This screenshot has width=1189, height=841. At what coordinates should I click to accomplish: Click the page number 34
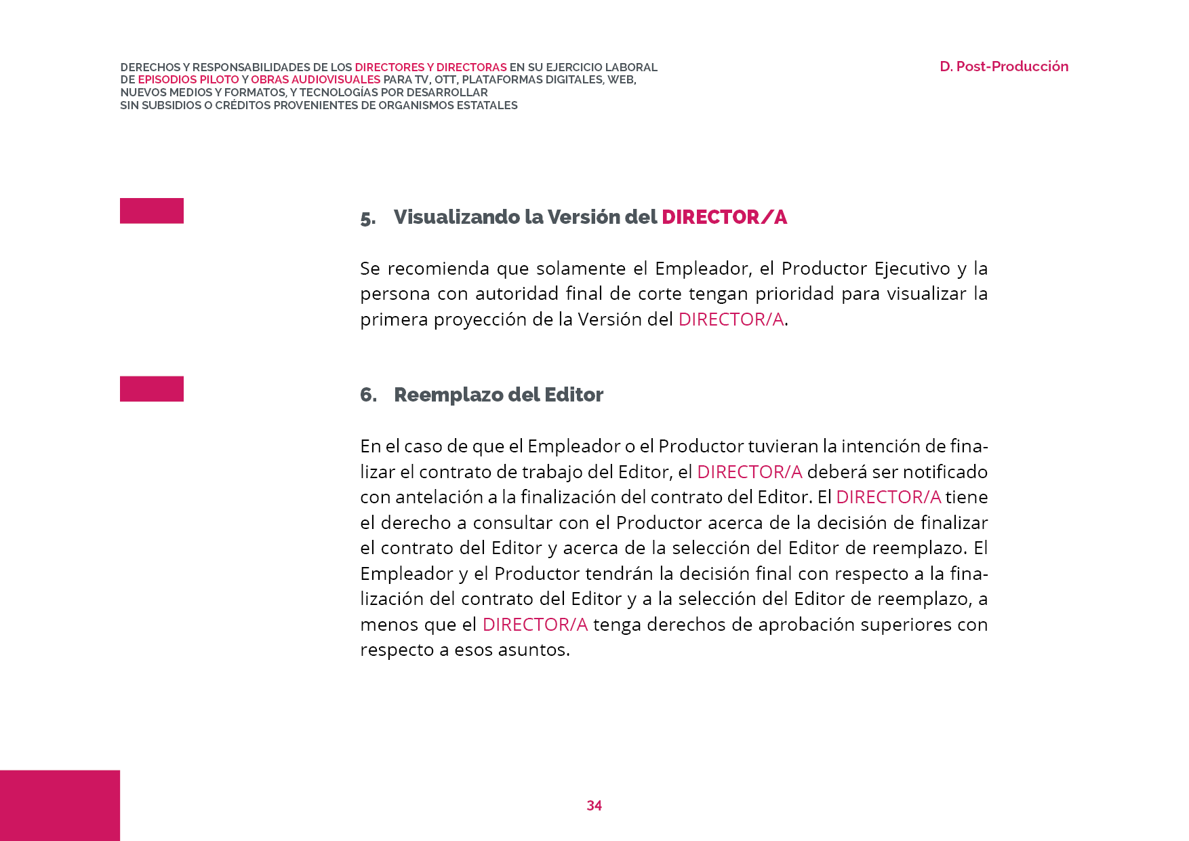click(594, 805)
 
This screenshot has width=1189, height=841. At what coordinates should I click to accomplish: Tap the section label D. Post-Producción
click(1003, 66)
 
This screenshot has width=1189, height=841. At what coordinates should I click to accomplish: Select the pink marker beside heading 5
click(152, 210)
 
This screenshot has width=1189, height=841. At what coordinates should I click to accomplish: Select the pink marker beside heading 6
click(152, 389)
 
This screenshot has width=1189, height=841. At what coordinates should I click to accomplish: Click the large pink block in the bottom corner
click(60, 805)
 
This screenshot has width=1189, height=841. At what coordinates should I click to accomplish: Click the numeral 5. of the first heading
click(368, 218)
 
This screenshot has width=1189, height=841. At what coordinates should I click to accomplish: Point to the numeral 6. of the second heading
click(368, 395)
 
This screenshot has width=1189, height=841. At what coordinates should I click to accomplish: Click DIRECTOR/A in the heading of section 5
click(724, 217)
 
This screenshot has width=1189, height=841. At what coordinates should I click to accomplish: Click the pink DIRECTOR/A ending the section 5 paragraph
click(731, 319)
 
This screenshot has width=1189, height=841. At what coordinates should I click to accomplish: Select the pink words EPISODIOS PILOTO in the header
click(188, 80)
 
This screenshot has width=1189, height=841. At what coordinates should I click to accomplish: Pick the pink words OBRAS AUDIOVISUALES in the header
click(315, 80)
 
